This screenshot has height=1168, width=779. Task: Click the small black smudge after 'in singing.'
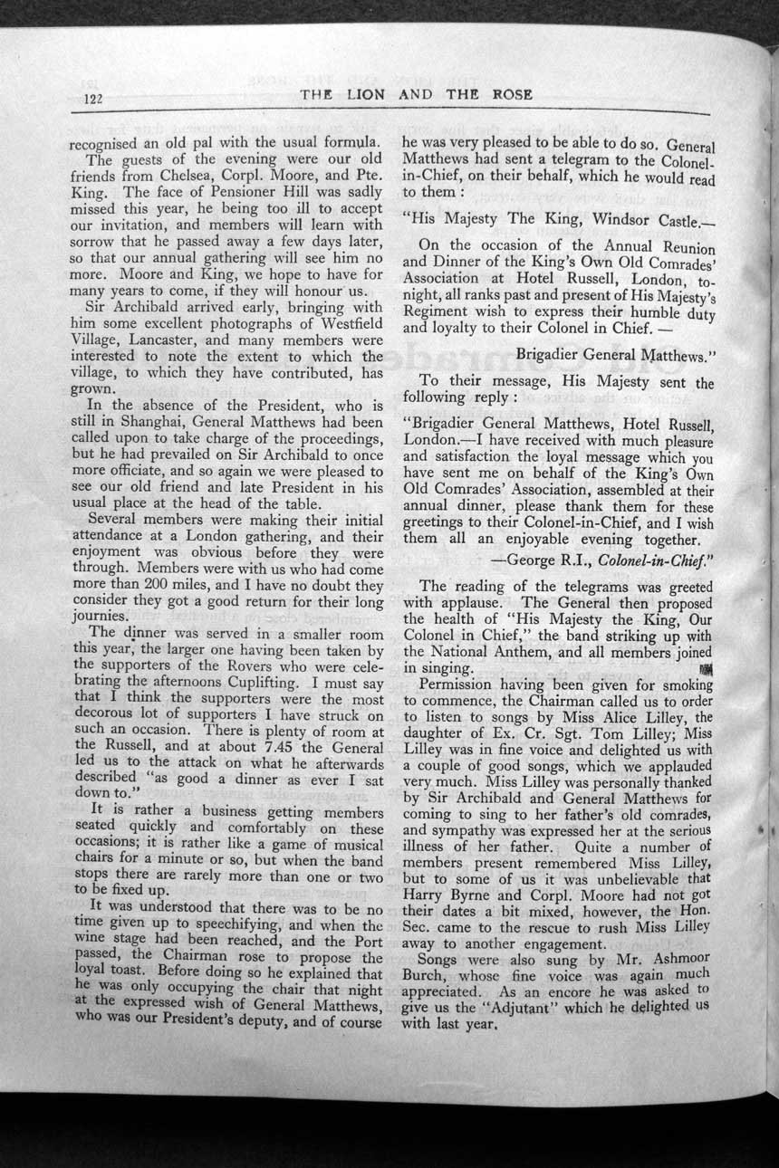click(x=706, y=669)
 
